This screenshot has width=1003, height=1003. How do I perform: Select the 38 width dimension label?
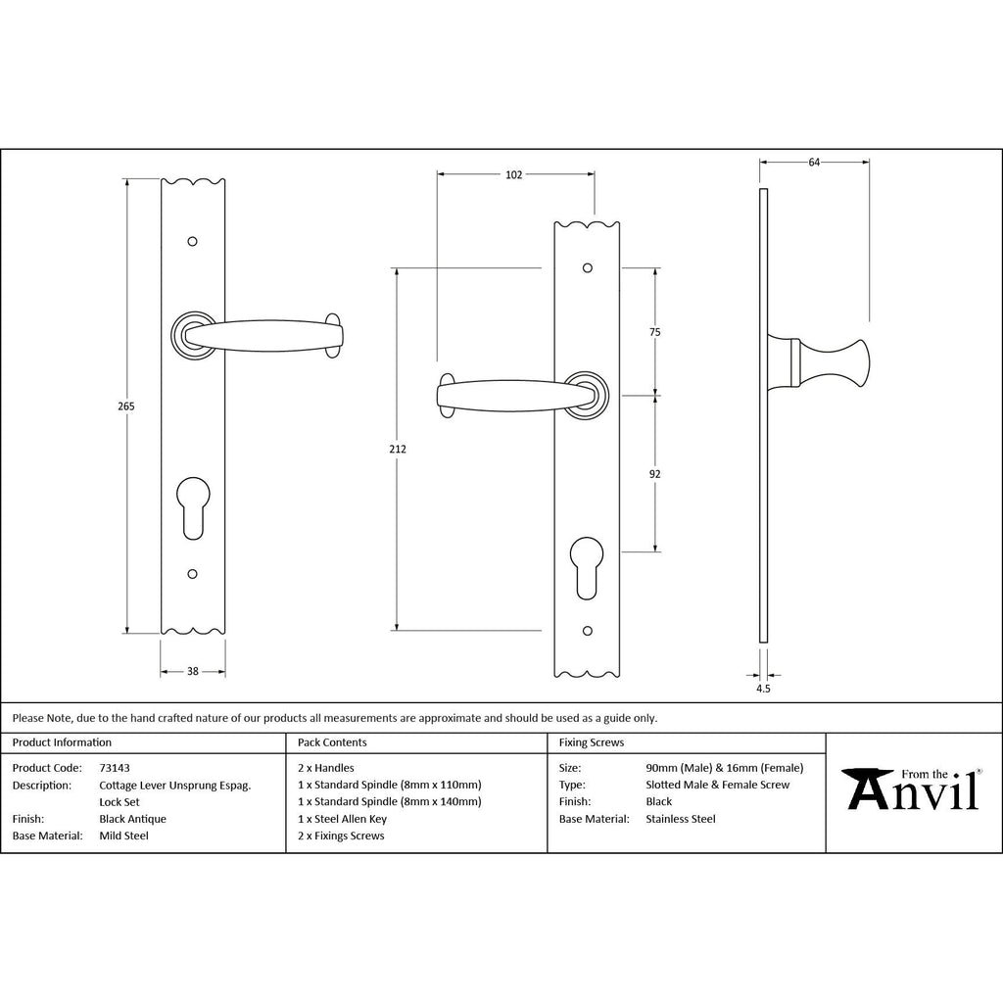[x=193, y=672]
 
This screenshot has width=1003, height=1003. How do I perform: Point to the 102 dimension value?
[x=513, y=175]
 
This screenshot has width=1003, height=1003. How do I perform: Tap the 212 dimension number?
[x=396, y=449]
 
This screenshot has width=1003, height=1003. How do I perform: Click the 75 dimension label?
[x=655, y=332]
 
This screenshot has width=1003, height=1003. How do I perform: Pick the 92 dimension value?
[x=655, y=474]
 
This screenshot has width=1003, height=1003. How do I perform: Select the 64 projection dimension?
[x=814, y=163]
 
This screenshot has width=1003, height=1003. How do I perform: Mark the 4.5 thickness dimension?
[x=764, y=689]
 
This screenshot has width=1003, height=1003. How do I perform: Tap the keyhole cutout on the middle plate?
[x=588, y=565]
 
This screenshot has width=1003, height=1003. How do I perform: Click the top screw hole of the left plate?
[x=193, y=241]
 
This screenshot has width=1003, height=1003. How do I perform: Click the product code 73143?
[x=115, y=768]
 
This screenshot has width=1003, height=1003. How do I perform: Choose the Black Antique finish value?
[x=133, y=819]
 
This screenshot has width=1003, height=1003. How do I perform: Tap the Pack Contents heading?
[x=332, y=742]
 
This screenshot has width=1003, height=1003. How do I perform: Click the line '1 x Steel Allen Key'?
[x=342, y=819]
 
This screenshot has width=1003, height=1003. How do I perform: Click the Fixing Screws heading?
[x=591, y=742]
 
